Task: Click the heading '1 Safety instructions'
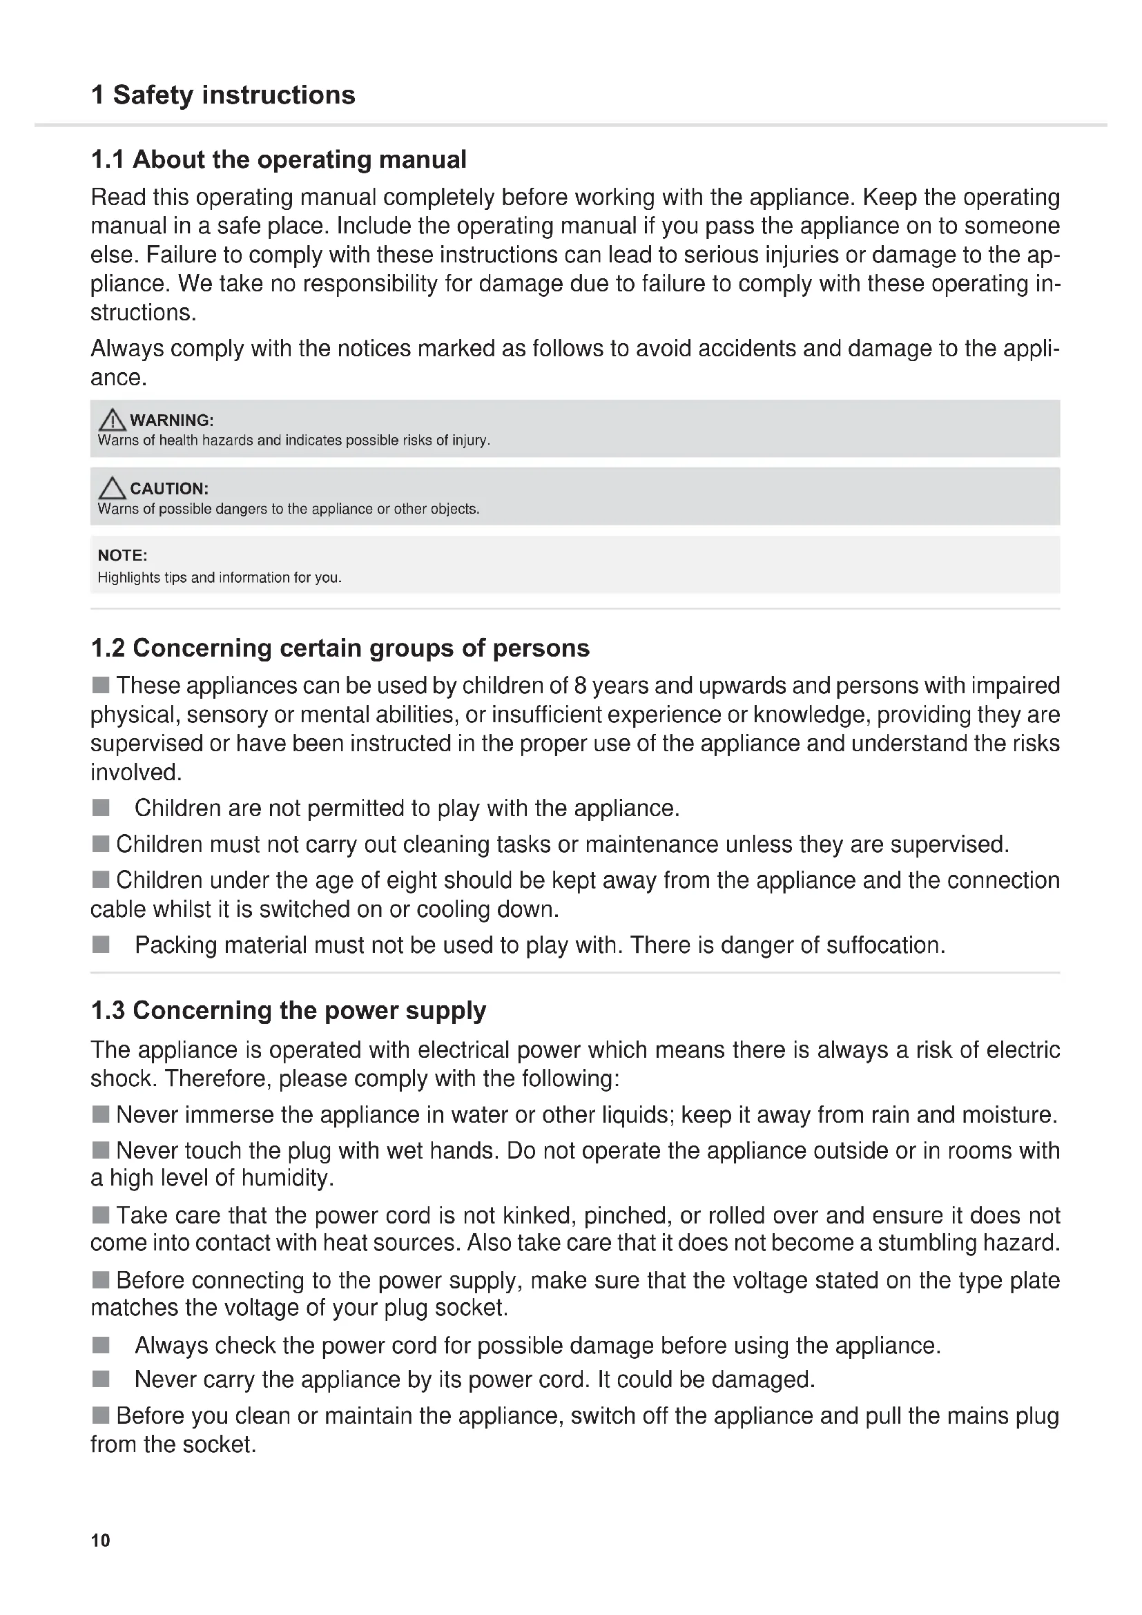[223, 95]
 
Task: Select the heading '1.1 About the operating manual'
[278, 159]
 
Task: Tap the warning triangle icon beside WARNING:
[112, 420]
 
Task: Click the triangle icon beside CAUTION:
[112, 488]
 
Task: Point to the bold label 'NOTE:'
[122, 555]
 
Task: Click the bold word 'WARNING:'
[172, 420]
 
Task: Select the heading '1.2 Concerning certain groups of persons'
[340, 648]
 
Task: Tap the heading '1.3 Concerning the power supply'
[289, 1010]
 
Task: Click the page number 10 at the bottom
[101, 1540]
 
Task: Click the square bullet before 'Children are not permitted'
[101, 808]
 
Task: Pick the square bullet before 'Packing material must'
[101, 944]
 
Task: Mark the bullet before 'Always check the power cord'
[101, 1345]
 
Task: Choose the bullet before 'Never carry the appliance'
[101, 1380]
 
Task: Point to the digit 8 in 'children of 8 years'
[579, 686]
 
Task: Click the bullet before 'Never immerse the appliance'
[101, 1114]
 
